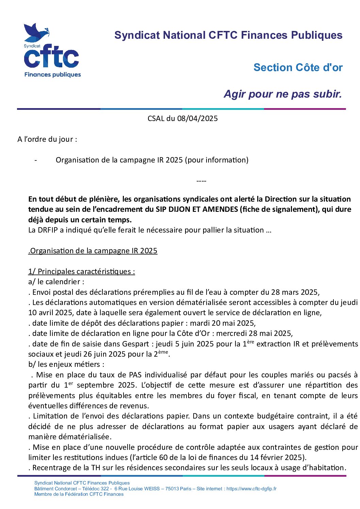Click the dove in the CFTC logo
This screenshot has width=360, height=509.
click(35, 32)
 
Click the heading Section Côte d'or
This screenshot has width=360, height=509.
click(298, 67)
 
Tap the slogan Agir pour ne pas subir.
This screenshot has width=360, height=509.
click(282, 94)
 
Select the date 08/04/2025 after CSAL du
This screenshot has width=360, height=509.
click(197, 118)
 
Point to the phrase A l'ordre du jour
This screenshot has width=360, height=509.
click(47, 139)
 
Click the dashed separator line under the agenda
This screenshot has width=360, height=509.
click(201, 181)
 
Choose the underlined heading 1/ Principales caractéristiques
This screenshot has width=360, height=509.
click(81, 271)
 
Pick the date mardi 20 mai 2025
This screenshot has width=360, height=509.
click(222, 323)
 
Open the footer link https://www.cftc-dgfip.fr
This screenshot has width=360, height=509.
click(251, 489)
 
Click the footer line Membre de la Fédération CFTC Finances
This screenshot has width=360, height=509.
click(79, 494)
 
